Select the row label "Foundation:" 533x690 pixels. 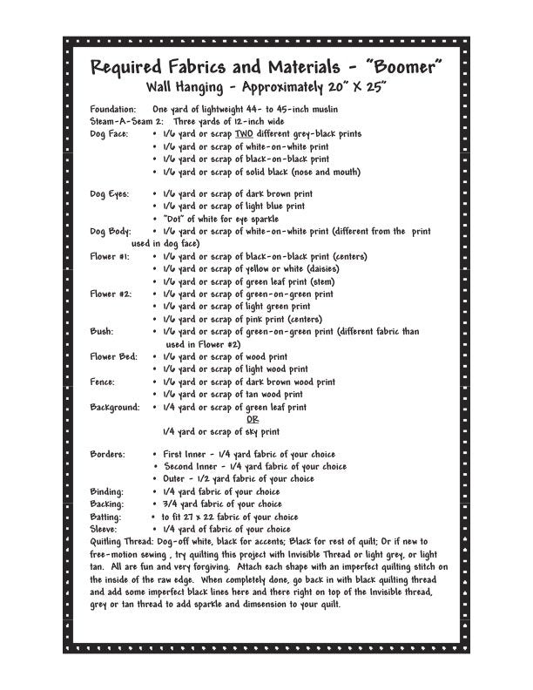113,109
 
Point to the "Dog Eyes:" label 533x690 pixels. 110,194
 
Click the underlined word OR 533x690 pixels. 253,419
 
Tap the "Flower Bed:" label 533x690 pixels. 114,357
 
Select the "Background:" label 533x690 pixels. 115,407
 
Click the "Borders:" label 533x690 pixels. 108,455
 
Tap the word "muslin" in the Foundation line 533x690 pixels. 321,109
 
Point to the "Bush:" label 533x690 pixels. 102,332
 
